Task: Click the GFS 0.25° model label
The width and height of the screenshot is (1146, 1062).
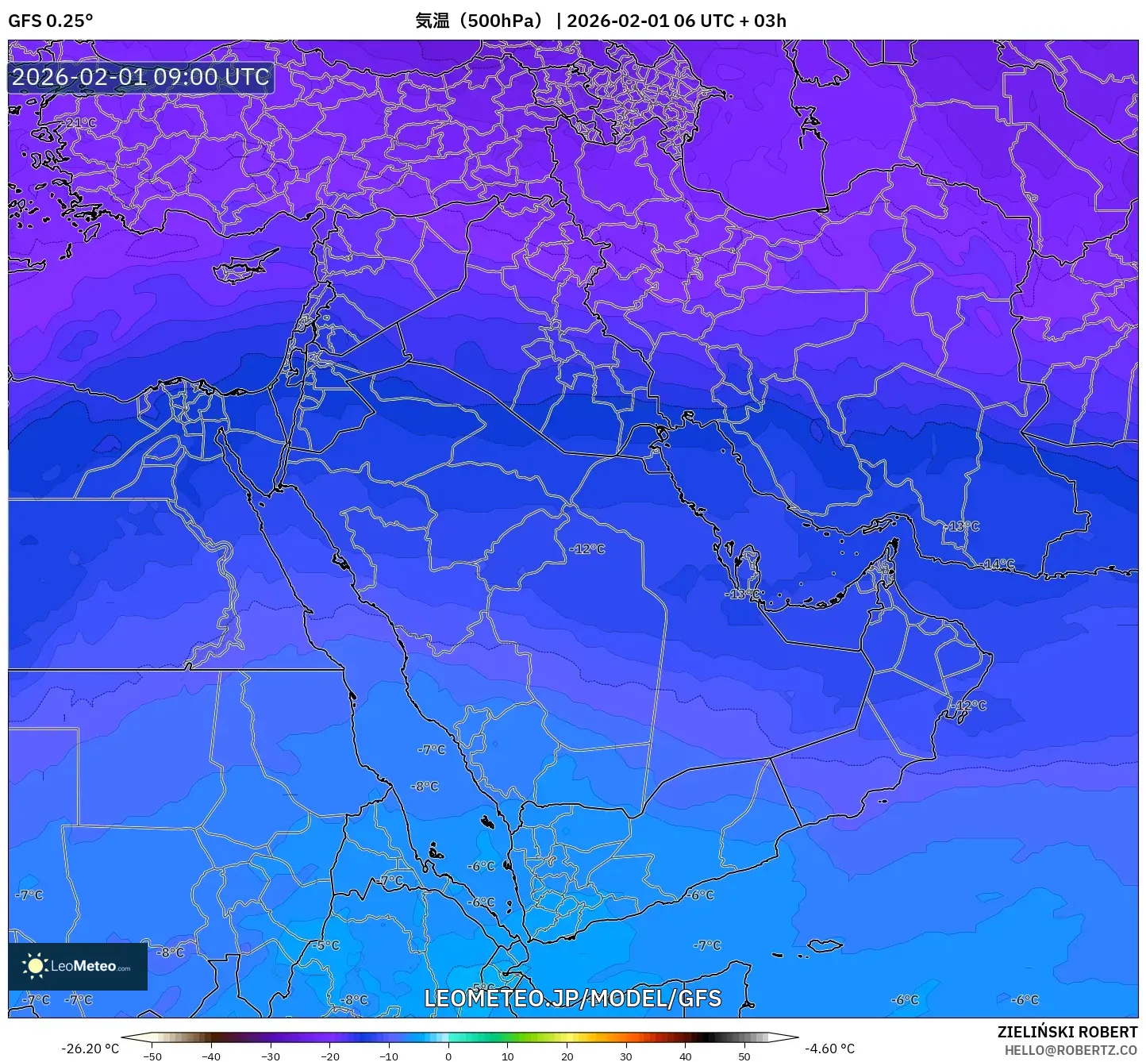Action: pyautogui.click(x=50, y=21)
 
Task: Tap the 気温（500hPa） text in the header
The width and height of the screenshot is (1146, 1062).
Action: pyautogui.click(x=480, y=21)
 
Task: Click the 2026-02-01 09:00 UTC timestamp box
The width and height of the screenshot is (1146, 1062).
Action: pyautogui.click(x=140, y=77)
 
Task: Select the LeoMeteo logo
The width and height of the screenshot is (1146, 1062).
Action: pyautogui.click(x=78, y=966)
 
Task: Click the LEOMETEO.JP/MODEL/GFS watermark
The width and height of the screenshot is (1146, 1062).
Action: pyautogui.click(x=572, y=999)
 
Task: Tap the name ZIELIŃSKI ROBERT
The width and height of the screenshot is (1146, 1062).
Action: pyautogui.click(x=1067, y=1032)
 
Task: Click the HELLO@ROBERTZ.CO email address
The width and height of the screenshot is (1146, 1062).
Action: pyautogui.click(x=1071, y=1050)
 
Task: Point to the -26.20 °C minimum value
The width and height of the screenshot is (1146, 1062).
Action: pyautogui.click(x=90, y=1049)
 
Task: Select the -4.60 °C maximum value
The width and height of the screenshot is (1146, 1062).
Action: pyautogui.click(x=829, y=1049)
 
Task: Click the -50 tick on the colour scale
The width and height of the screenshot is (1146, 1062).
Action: pyautogui.click(x=152, y=1056)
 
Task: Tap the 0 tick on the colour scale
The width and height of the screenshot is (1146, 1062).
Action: pyautogui.click(x=448, y=1056)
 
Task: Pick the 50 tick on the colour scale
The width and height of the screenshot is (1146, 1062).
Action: pyautogui.click(x=744, y=1056)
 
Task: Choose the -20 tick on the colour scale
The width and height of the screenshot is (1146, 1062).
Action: pyautogui.click(x=329, y=1056)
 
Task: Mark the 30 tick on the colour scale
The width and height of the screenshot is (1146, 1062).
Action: pyautogui.click(x=626, y=1056)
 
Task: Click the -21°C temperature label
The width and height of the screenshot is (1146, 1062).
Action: pyautogui.click(x=79, y=123)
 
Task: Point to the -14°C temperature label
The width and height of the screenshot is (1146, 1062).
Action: pyautogui.click(x=998, y=564)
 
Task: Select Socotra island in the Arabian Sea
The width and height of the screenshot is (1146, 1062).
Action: pyautogui.click(x=825, y=945)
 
